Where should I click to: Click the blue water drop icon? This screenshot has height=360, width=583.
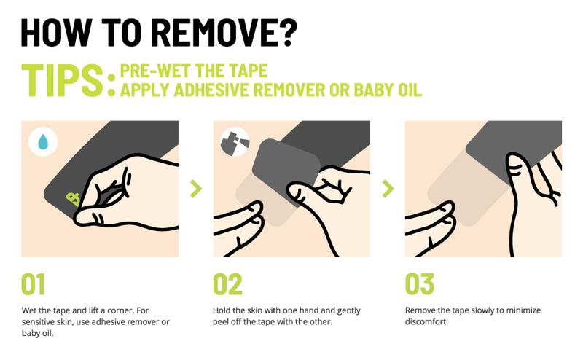point(43,141)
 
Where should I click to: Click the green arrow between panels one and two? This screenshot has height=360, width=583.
point(196,189)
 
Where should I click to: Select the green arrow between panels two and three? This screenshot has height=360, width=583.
point(388,189)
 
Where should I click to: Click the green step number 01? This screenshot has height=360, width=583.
point(33,284)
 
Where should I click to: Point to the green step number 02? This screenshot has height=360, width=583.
point(227,284)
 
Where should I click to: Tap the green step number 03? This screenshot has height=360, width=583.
point(420,284)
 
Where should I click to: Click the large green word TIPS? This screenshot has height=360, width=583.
point(62,80)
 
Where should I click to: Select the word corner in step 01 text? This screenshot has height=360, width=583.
point(121,310)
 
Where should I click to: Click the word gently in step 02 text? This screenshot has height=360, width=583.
point(348,310)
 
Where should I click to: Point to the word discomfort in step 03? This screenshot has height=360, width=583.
point(426,321)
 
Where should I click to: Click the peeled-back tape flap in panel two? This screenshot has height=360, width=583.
point(286,169)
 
